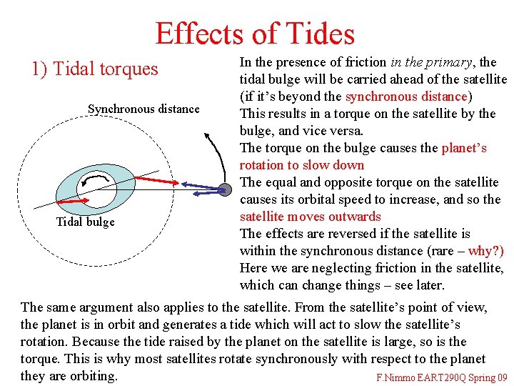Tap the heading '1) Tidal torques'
coord(94,69)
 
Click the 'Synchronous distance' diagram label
coord(143,109)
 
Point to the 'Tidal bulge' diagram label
coord(85,222)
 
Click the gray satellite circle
coord(224,189)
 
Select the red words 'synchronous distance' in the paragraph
coord(405,96)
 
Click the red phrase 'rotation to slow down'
coord(302,165)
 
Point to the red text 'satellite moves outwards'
coord(311,217)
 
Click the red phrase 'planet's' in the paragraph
coord(464,148)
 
